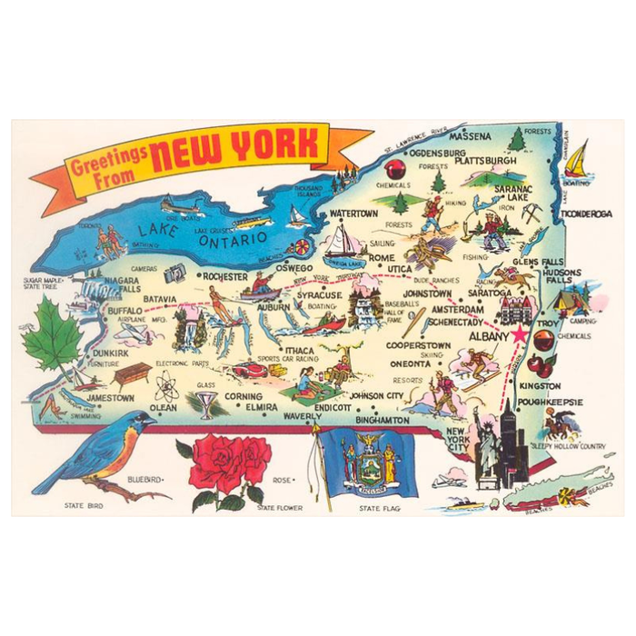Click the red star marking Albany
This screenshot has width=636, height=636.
(519, 335)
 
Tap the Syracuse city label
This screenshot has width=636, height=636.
(318, 295)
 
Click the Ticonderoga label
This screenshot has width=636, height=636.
(586, 214)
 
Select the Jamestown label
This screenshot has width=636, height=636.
(111, 398)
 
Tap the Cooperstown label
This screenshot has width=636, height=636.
(418, 346)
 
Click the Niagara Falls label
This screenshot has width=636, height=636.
(121, 286)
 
